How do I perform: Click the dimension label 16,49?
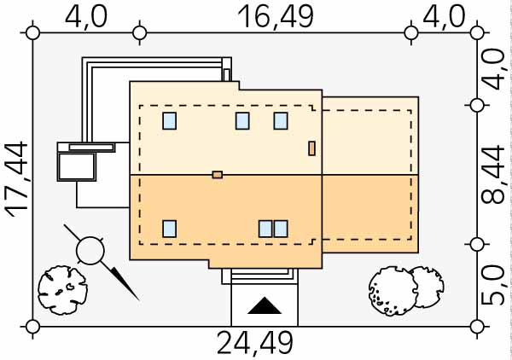276,17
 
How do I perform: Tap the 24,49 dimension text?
255,343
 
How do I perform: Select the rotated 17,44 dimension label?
16,180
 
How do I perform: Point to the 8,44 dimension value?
493,175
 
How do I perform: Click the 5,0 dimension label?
493,285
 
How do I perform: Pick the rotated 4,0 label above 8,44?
493,69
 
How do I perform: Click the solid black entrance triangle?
265,307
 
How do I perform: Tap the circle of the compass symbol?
90,251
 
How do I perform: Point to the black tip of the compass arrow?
138,299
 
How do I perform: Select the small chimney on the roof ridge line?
218,175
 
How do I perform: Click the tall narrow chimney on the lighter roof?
311,148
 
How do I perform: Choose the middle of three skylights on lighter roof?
242,121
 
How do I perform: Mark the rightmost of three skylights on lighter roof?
281,121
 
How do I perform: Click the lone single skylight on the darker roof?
170,229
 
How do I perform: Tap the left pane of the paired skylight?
265,229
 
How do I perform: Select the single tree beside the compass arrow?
62,290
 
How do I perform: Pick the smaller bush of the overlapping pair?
428,287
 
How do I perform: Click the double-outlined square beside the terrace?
77,167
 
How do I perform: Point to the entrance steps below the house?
260,276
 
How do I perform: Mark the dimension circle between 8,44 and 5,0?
477,244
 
